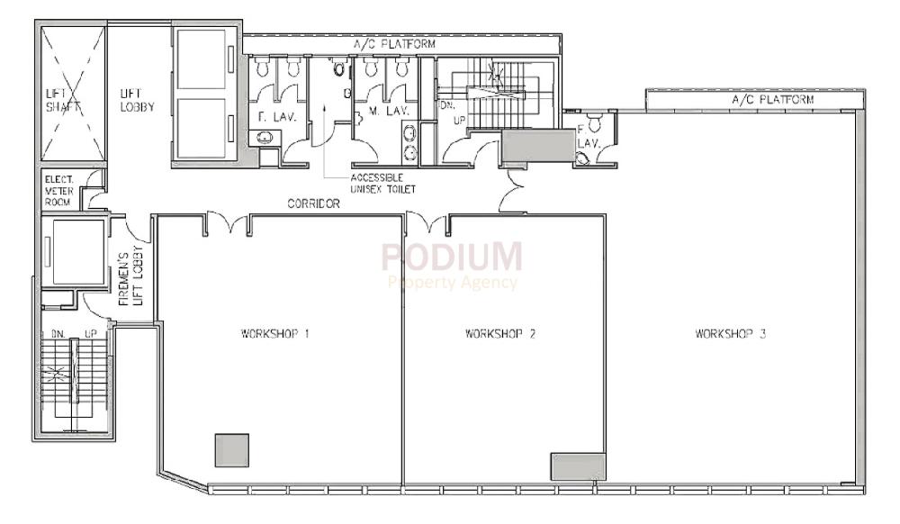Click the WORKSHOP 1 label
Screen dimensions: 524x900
pyautogui.click(x=275, y=333)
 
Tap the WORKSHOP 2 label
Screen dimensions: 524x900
pyautogui.click(x=500, y=333)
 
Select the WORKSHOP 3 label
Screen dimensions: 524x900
pyautogui.click(x=731, y=333)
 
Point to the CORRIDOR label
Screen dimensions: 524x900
pyautogui.click(x=313, y=204)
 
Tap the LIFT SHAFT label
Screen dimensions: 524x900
pyautogui.click(x=63, y=99)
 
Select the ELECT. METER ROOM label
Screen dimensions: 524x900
pyautogui.click(x=62, y=190)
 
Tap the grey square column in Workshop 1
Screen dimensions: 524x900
pyautogui.click(x=231, y=449)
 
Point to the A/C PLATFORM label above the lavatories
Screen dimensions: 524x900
pyautogui.click(x=395, y=43)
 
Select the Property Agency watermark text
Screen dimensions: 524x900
pyautogui.click(x=453, y=283)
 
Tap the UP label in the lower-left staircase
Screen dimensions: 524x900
pyautogui.click(x=91, y=333)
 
